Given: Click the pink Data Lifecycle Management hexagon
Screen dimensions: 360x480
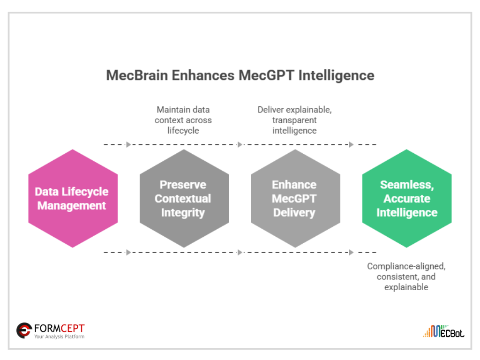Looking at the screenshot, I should tap(73, 198).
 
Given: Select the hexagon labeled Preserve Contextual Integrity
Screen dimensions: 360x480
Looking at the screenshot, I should tap(184, 198).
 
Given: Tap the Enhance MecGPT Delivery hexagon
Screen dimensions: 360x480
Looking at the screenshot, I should tap(295, 198).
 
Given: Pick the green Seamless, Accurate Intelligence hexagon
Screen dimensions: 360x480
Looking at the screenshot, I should tap(406, 198).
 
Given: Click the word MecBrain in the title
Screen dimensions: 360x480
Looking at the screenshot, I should tap(134, 75).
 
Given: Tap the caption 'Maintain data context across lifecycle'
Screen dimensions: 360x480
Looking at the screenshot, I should tap(184, 120).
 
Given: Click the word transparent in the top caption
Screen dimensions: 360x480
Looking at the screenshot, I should tap(294, 120).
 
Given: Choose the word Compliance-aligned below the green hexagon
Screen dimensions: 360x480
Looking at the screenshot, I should tap(406, 266).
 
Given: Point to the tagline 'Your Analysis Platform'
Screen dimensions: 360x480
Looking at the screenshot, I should tap(59, 337).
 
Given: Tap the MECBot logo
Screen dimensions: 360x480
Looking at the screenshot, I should tap(443, 331).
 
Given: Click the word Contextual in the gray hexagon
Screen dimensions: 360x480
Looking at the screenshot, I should tap(183, 199).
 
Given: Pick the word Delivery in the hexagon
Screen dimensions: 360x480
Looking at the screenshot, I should tap(294, 212).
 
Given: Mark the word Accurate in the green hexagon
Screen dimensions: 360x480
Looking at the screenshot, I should tap(407, 199).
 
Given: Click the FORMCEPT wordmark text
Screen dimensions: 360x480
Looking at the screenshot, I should tap(60, 328).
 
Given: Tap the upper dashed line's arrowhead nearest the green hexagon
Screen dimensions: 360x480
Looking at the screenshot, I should tap(351, 144).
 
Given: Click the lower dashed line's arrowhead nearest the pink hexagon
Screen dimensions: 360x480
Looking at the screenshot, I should tap(128, 252).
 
